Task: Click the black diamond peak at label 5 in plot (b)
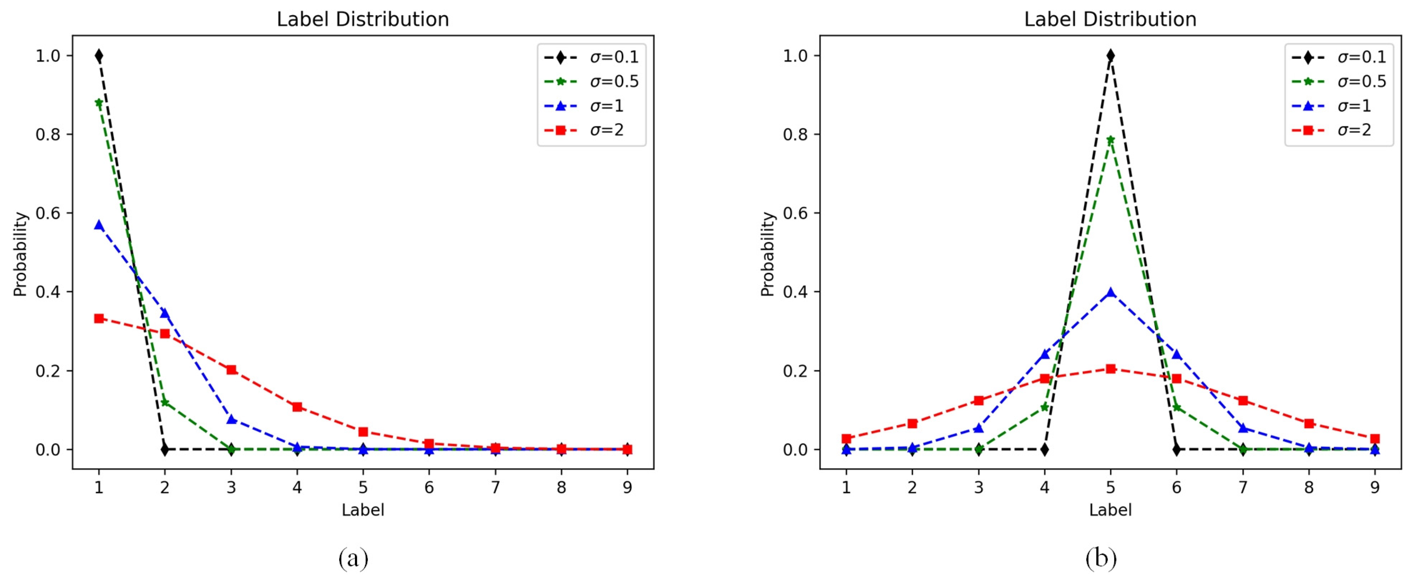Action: click(1110, 55)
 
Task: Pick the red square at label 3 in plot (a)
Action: click(231, 369)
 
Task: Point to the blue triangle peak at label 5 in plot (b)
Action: click(1110, 292)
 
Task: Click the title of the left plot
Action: click(363, 19)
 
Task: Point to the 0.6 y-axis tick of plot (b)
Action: click(796, 213)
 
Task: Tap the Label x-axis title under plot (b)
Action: click(1110, 510)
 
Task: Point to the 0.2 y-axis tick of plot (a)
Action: click(48, 371)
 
